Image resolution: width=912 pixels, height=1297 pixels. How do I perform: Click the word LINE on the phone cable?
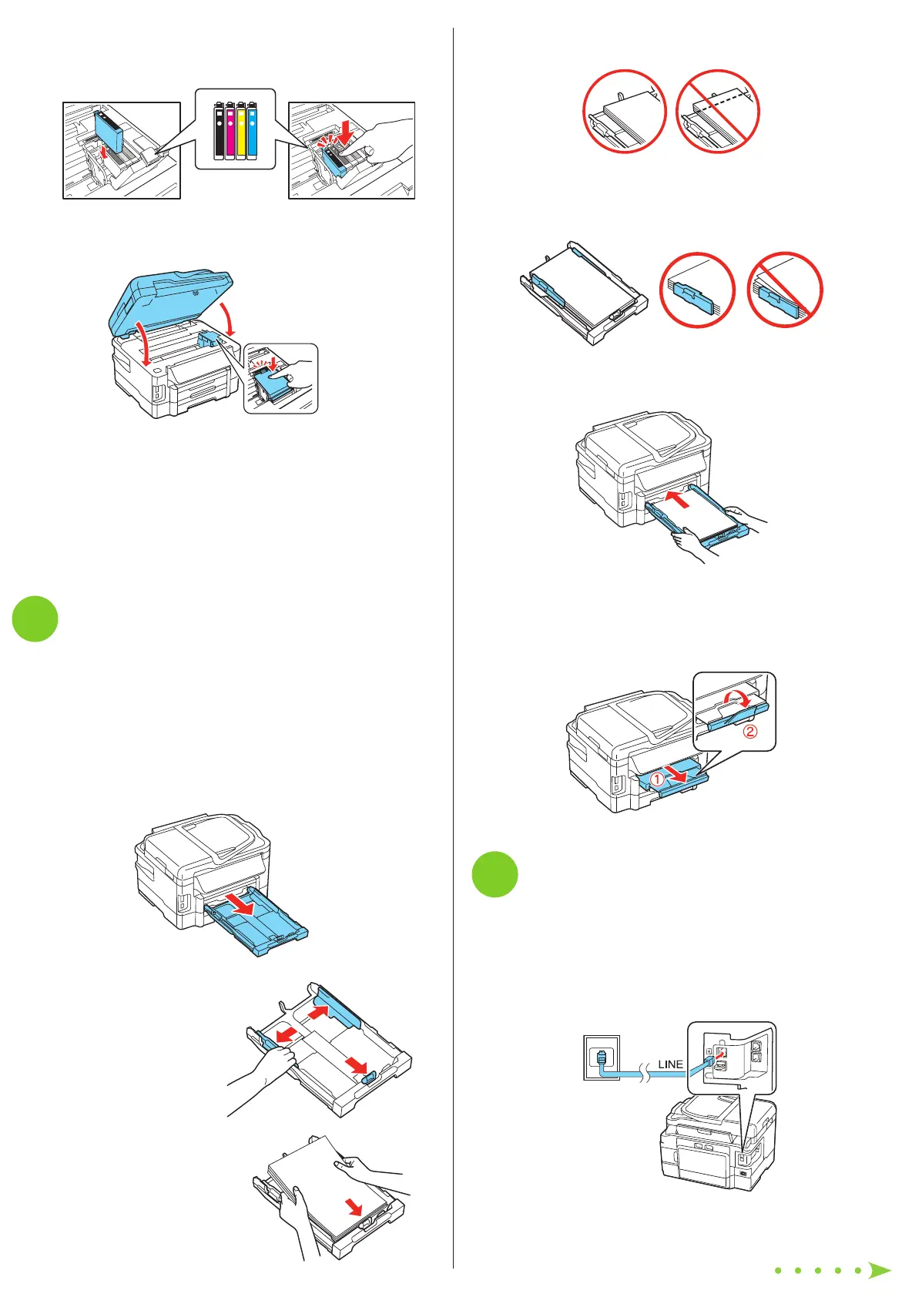click(670, 1064)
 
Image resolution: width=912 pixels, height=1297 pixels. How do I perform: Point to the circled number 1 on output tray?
click(656, 779)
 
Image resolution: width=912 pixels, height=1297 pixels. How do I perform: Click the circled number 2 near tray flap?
click(749, 732)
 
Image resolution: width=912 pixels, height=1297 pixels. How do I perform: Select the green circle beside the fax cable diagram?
click(495, 874)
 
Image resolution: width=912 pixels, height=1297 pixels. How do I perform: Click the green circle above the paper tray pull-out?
click(35, 618)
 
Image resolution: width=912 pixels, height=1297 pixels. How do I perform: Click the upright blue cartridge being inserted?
click(109, 129)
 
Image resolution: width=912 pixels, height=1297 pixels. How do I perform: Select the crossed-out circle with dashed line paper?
click(718, 112)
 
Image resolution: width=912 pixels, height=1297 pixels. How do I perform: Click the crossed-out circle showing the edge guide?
click(785, 290)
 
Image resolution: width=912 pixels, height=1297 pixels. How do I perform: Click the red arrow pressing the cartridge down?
click(345, 129)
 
